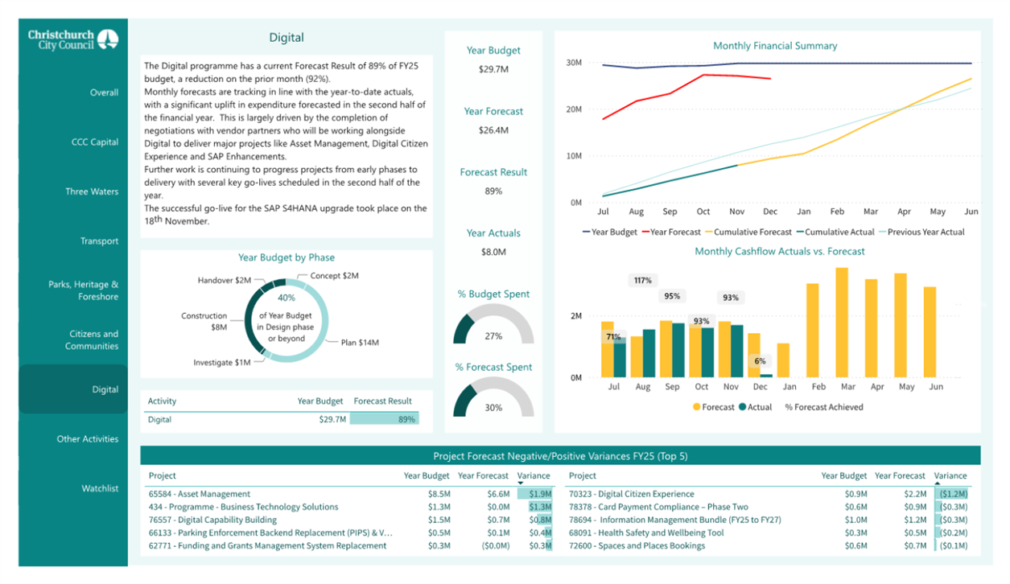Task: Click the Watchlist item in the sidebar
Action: pos(100,488)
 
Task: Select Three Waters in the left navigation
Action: pos(92,191)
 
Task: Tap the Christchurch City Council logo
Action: pos(73,39)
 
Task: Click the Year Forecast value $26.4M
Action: pos(493,130)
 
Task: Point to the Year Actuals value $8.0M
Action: pos(493,252)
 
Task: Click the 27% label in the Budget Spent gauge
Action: pos(493,336)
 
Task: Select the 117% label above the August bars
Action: pos(642,280)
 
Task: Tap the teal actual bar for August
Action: pos(649,353)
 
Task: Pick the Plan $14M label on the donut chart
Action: pos(360,343)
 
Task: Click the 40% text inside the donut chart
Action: pos(287,298)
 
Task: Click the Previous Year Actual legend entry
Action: pos(921,232)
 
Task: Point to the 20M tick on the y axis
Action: pos(574,109)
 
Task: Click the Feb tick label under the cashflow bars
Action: pos(818,387)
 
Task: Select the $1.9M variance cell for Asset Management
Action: pos(540,494)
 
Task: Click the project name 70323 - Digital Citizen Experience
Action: pos(631,494)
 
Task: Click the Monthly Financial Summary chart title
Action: pos(775,46)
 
